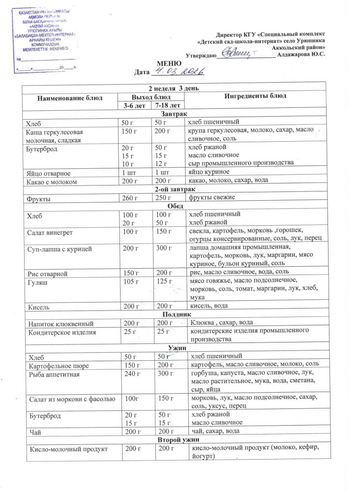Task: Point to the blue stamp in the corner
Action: (42, 34)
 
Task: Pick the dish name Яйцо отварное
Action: (49, 173)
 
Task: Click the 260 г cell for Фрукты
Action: (130, 198)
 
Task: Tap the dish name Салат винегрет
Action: (52, 231)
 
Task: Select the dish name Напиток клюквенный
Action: (59, 323)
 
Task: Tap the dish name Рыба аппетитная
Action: (55, 374)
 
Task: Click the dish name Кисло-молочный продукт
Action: (68, 448)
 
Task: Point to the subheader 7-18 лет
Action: (167, 105)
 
